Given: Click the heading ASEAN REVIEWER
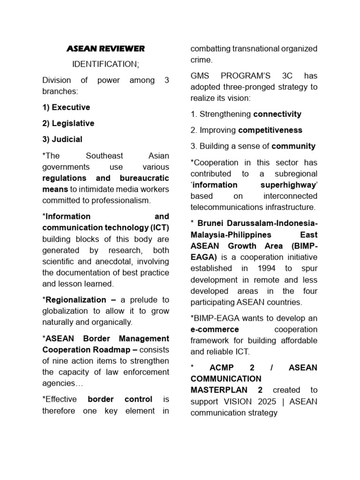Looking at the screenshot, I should [105, 48].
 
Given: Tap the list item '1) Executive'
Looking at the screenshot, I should [66, 107].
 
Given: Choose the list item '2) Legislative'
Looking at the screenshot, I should [68, 123].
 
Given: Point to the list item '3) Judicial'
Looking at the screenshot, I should [62, 139].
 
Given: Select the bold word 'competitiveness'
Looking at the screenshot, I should [270, 130].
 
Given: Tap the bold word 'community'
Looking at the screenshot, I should [293, 146].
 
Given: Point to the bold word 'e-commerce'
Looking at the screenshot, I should [214, 329].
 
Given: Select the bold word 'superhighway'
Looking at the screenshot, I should [286, 185].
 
